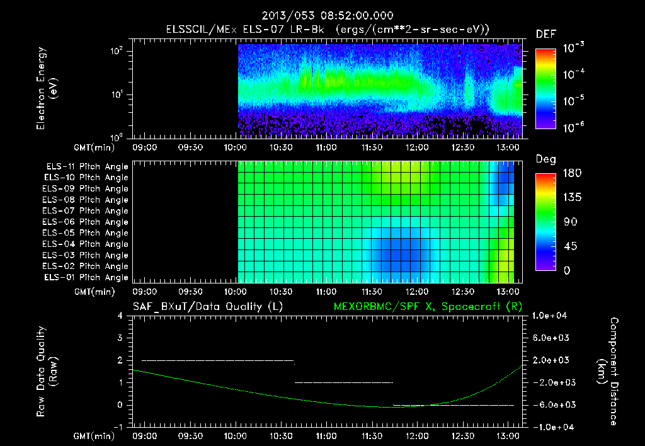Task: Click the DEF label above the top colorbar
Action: point(545,34)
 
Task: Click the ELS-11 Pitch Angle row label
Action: point(87,167)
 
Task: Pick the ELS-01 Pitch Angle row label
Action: point(87,277)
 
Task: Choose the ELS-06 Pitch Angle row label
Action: point(87,222)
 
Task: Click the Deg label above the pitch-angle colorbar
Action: point(545,160)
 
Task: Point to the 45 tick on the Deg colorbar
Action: point(569,246)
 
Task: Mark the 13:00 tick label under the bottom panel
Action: point(508,436)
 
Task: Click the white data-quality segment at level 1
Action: point(343,382)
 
